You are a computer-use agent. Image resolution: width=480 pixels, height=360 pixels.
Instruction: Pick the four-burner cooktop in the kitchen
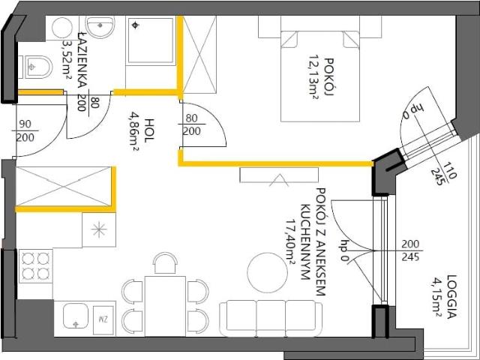click(x=34, y=265)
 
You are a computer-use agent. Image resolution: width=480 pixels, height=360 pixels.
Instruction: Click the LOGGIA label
click(x=451, y=295)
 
